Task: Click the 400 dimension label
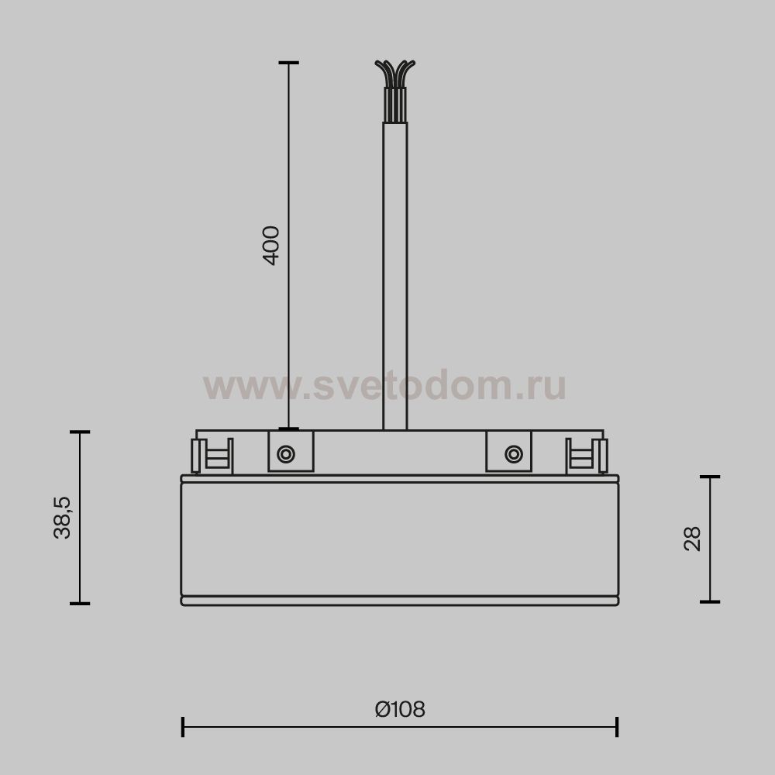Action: (270, 246)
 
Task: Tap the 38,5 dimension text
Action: (62, 518)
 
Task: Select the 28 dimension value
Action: (692, 539)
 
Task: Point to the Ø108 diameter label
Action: (400, 709)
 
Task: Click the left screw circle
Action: (286, 453)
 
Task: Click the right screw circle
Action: (514, 453)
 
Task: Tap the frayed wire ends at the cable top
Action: (395, 74)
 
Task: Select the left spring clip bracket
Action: (212, 456)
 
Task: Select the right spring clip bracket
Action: (587, 456)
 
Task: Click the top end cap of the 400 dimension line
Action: (288, 63)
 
